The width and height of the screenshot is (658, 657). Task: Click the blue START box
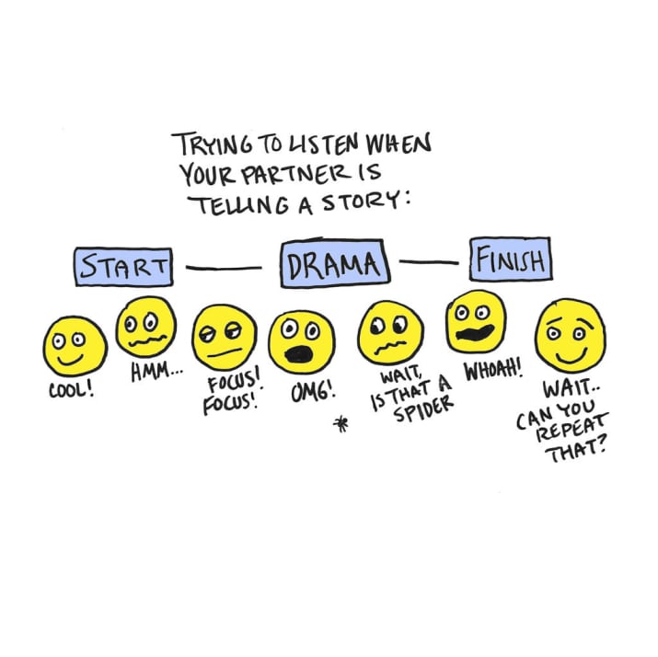[x=123, y=266]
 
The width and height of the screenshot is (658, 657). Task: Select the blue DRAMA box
[x=333, y=265]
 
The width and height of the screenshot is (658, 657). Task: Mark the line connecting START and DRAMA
[x=224, y=268]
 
